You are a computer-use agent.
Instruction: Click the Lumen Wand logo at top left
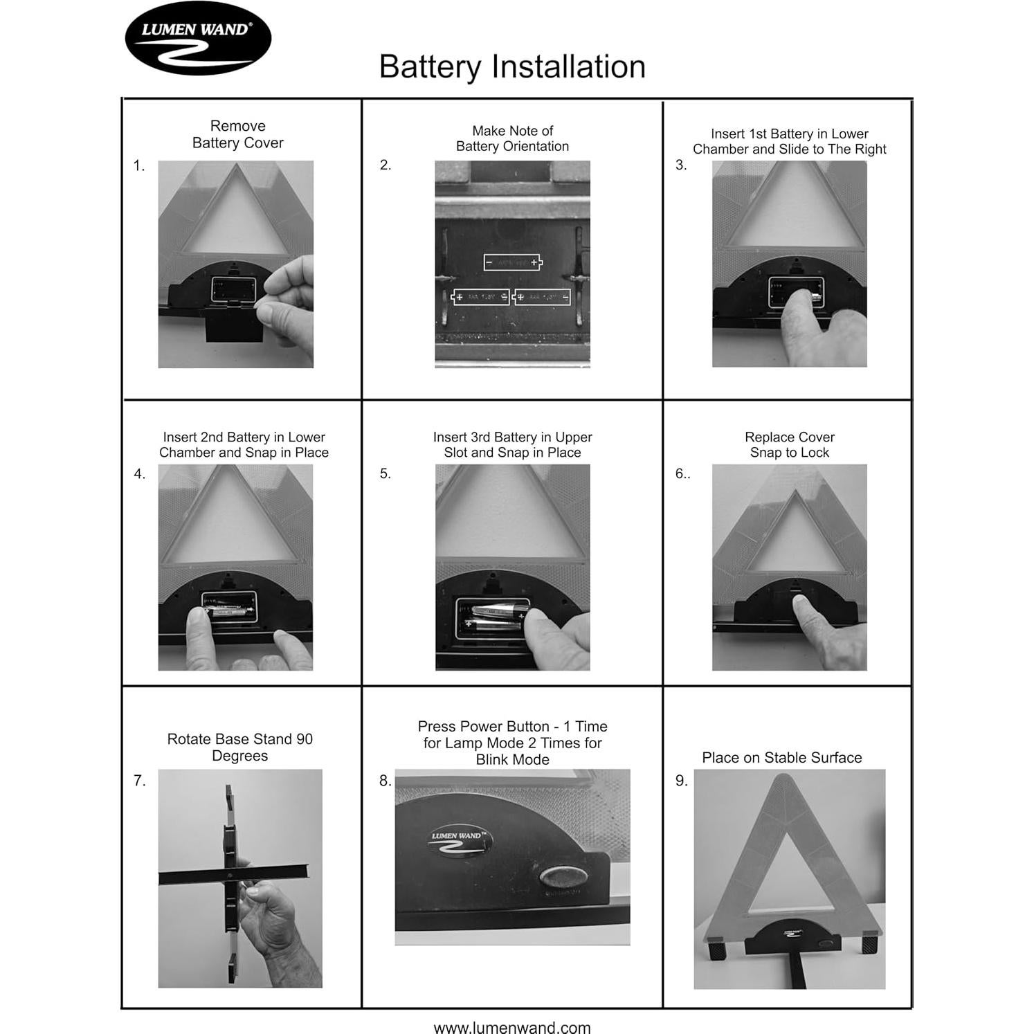pyautogui.click(x=198, y=39)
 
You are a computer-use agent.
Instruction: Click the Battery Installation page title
pyautogui.click(x=512, y=67)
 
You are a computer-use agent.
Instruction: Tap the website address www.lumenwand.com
pyautogui.click(x=512, y=1027)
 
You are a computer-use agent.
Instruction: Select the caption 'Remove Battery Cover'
pyautogui.click(x=237, y=134)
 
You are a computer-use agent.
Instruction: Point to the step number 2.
pyautogui.click(x=386, y=165)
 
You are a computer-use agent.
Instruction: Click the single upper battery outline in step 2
pyautogui.click(x=513, y=262)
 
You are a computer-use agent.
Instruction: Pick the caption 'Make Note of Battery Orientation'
pyautogui.click(x=512, y=138)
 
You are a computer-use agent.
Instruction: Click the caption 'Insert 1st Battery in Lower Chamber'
pyautogui.click(x=789, y=141)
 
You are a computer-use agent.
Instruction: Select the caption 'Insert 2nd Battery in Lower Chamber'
pyautogui.click(x=244, y=444)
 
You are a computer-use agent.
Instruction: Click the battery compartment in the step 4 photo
pyautogui.click(x=229, y=608)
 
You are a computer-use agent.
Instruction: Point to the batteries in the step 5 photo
pyautogui.click(x=493, y=618)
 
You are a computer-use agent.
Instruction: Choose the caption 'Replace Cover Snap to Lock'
pyautogui.click(x=789, y=444)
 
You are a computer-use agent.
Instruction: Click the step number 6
pyautogui.click(x=682, y=473)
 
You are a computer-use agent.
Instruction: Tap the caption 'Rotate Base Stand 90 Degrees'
pyautogui.click(x=239, y=747)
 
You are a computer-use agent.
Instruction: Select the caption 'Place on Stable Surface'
pyautogui.click(x=781, y=757)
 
